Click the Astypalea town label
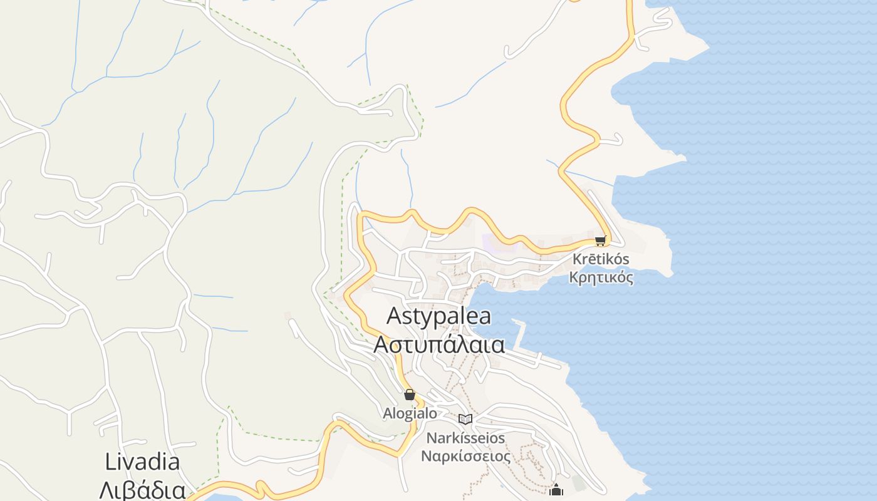point(438,316)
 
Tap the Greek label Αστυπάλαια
point(438,344)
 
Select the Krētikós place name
point(601,259)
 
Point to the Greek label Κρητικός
point(601,277)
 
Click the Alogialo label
point(410,413)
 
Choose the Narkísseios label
point(465,438)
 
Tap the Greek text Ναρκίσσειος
point(465,456)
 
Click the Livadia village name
point(142,462)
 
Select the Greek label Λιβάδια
point(142,490)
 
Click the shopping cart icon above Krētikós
point(601,240)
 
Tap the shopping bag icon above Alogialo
point(410,395)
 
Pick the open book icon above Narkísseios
point(465,419)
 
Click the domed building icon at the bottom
point(556,490)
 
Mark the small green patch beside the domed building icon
point(578,483)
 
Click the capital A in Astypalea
point(394,316)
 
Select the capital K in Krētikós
point(577,259)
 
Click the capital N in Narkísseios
point(432,438)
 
